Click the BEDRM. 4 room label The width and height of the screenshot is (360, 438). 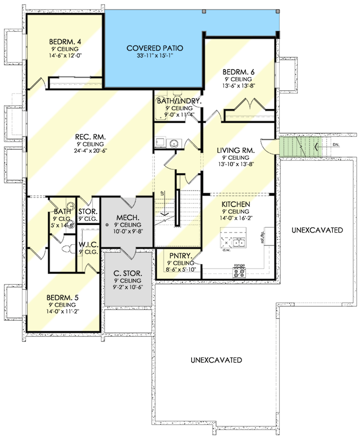(64, 42)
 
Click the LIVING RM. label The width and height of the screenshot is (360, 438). (236, 151)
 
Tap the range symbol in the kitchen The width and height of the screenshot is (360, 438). (239, 272)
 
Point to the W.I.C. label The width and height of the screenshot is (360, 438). (88, 245)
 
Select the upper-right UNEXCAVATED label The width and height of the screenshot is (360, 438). (317, 230)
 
